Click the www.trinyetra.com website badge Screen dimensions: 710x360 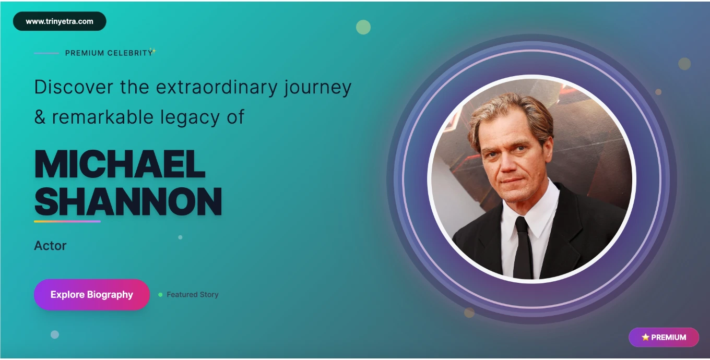(x=60, y=21)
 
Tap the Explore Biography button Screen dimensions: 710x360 (x=91, y=294)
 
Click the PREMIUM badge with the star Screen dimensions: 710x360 (x=664, y=337)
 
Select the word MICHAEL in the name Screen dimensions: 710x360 (x=120, y=164)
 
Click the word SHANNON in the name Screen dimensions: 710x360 (x=128, y=201)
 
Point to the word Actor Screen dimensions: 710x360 (x=50, y=246)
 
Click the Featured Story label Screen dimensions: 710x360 (x=193, y=295)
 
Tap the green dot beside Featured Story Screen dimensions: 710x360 (x=160, y=295)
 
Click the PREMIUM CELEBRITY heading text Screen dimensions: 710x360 (x=109, y=53)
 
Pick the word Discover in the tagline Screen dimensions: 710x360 (x=74, y=87)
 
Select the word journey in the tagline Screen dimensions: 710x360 (x=317, y=88)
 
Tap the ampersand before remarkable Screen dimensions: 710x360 (x=40, y=117)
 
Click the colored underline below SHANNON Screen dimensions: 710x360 (x=67, y=222)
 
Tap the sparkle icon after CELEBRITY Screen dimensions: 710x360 (x=153, y=51)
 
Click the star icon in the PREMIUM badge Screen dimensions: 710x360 (x=645, y=337)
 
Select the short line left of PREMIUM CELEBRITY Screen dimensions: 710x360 (x=46, y=53)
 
